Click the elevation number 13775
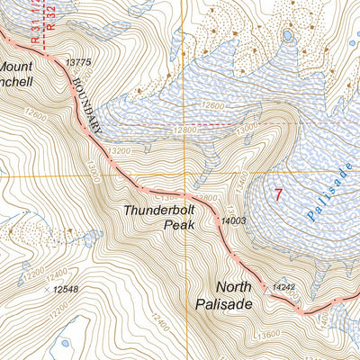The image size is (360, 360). click(x=79, y=62)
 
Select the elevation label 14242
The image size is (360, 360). click(x=283, y=287)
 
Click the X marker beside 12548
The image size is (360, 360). click(x=47, y=290)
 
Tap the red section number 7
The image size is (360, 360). click(x=278, y=193)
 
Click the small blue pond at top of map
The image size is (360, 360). click(x=287, y=36)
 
